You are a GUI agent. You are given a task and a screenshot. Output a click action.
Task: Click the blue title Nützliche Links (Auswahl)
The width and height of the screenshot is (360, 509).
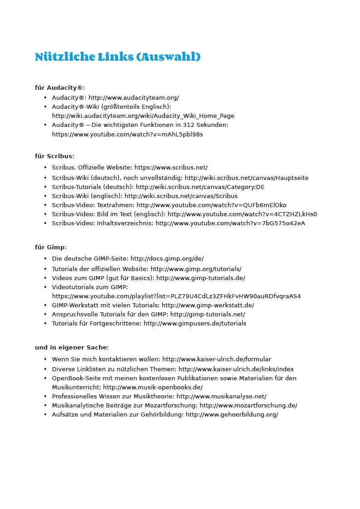point(117,57)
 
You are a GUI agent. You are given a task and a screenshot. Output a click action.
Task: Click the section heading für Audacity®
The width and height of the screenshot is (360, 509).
point(59,88)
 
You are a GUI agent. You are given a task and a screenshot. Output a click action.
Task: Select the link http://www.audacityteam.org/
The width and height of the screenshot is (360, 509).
point(134,98)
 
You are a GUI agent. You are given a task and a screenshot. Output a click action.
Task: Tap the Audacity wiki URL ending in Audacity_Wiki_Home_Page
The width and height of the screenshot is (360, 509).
point(143,116)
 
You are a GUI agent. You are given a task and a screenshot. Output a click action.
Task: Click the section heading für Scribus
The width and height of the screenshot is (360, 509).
point(54,156)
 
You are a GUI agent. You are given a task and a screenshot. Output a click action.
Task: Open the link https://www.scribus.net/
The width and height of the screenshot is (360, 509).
point(171,168)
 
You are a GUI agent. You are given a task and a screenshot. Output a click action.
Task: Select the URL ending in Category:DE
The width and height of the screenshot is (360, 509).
point(200,187)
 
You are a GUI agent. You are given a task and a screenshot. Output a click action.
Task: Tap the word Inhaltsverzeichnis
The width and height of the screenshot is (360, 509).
point(125,223)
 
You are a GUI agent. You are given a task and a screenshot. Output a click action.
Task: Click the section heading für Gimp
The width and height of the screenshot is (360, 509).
point(50,247)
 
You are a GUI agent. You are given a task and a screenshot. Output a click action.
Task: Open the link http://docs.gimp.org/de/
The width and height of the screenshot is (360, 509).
point(167,259)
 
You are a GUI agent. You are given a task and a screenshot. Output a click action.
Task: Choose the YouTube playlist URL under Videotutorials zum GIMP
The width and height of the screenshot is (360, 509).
point(176,296)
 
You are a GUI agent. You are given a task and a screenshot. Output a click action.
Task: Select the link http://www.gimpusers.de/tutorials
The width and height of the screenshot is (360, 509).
point(195,324)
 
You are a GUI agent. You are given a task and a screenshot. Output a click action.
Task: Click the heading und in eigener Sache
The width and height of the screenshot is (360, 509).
point(72,348)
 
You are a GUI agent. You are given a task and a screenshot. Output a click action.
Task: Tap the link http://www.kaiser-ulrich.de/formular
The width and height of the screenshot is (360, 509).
point(217,359)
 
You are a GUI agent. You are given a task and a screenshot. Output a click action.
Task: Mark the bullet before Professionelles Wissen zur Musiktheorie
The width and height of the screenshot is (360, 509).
point(45,397)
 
